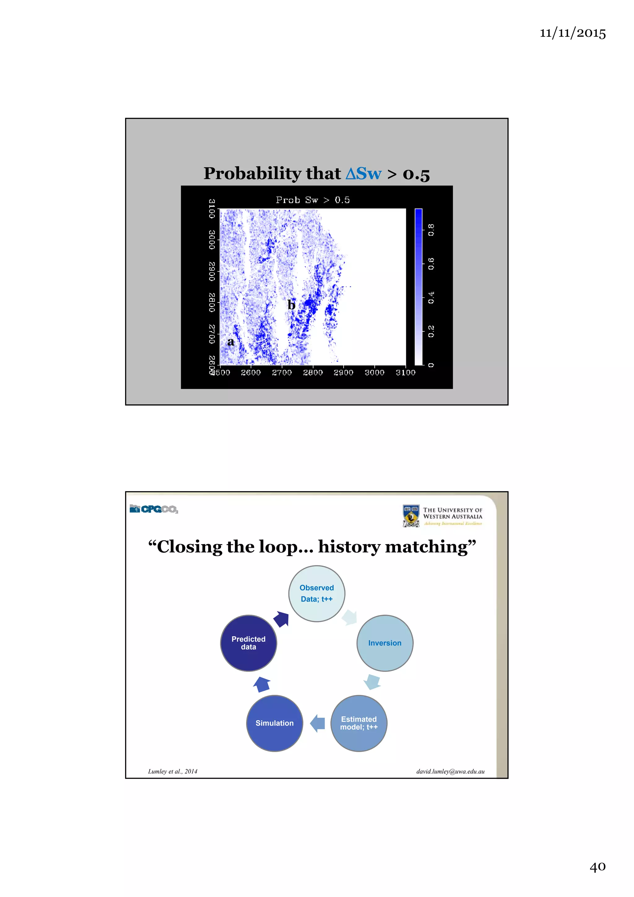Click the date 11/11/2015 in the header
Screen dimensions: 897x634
pyautogui.click(x=572, y=33)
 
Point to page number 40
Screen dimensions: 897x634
pyautogui.click(x=597, y=867)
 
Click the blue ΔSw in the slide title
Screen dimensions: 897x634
pyautogui.click(x=363, y=173)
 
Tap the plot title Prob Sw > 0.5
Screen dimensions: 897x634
pyautogui.click(x=312, y=200)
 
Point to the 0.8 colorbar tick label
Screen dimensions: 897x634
pyautogui.click(x=431, y=230)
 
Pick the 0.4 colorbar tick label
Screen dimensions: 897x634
pyautogui.click(x=431, y=298)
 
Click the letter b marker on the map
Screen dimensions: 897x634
pyautogui.click(x=291, y=305)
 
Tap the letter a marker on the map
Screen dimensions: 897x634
pyautogui.click(x=231, y=342)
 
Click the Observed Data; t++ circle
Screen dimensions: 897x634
pyautogui.click(x=316, y=594)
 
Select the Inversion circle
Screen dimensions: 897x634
pyautogui.click(x=385, y=643)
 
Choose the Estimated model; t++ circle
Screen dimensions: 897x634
pyautogui.click(x=358, y=723)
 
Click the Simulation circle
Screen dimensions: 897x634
pyautogui.click(x=275, y=723)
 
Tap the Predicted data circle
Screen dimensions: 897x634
pyautogui.click(x=249, y=643)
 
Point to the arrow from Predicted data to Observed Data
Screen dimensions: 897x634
pyautogui.click(x=281, y=619)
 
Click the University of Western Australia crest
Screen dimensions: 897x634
pyautogui.click(x=411, y=516)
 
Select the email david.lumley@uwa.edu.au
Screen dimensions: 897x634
pyautogui.click(x=450, y=771)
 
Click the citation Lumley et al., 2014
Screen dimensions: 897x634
pyautogui.click(x=173, y=771)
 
